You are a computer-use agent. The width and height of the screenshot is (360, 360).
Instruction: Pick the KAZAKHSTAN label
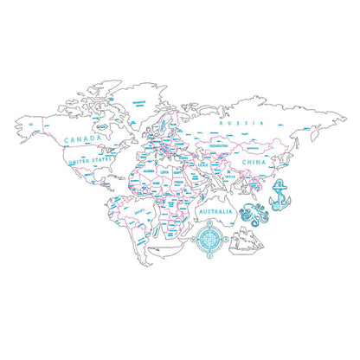pos(217,145)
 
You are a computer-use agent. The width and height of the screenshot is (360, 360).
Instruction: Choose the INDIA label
pos(226,177)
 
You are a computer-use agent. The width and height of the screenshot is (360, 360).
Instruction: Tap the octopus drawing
pos(254,213)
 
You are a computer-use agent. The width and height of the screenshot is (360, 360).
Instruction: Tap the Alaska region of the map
pos(35,125)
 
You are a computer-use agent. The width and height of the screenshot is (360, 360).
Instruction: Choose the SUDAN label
pos(177,183)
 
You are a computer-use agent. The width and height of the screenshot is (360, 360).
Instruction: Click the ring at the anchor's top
pos(280,182)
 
